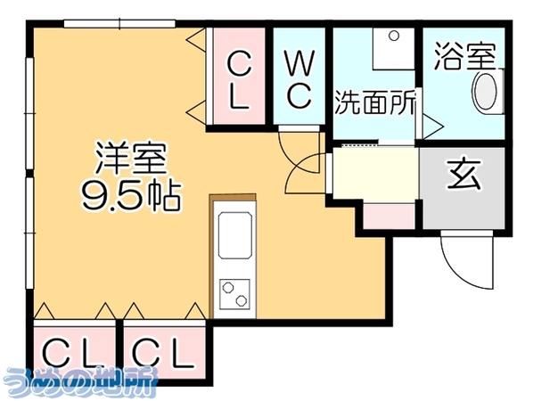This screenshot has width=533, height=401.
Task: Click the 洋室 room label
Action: click(x=132, y=160)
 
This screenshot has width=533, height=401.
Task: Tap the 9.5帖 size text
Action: click(x=130, y=196)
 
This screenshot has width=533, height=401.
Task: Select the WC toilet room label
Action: click(x=299, y=78)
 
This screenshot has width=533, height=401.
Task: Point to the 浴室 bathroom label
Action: click(x=464, y=56)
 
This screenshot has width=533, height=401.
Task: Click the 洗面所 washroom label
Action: click(x=375, y=102)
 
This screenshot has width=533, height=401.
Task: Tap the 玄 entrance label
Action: click(x=464, y=174)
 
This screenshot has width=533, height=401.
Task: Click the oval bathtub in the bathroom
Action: click(x=486, y=92)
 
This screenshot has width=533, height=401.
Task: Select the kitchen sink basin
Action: click(x=235, y=235)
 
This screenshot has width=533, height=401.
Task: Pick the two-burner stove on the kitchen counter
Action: click(x=234, y=294)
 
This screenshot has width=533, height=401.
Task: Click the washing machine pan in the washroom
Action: click(x=393, y=49)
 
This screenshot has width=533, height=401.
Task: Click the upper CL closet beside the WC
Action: click(x=239, y=76)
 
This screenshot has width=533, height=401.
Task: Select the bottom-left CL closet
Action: click(x=75, y=349)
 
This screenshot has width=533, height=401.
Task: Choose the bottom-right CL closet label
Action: click(x=163, y=355)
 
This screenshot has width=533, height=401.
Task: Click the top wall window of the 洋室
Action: click(x=119, y=23)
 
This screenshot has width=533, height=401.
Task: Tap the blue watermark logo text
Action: click(x=80, y=382)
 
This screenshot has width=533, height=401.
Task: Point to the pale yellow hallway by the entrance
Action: click(x=375, y=173)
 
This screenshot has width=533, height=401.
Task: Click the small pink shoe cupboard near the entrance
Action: click(x=389, y=217)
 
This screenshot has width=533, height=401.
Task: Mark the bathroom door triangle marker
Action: click(x=433, y=127)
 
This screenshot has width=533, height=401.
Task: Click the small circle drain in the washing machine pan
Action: click(x=394, y=36)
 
